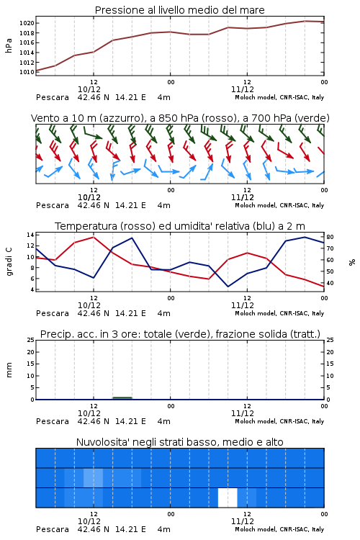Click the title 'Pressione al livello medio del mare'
(179, 10)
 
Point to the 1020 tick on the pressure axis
(27, 24)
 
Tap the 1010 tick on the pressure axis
(27, 72)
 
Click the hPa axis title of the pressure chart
(9, 45)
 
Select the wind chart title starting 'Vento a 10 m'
(180, 118)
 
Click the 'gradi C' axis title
(9, 261)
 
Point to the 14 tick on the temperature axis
(30, 235)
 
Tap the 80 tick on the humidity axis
(330, 238)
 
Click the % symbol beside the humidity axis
(352, 262)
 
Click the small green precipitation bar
(122, 398)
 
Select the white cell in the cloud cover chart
(228, 498)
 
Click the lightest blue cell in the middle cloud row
(93, 477)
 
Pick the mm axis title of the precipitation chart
(9, 369)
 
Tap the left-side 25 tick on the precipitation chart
(30, 340)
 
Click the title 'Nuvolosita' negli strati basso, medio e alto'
(179, 442)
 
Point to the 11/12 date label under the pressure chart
(243, 89)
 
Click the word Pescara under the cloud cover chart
(53, 529)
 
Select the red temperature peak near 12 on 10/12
(94, 237)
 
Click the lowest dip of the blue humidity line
(228, 287)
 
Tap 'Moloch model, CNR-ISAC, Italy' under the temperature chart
(279, 313)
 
